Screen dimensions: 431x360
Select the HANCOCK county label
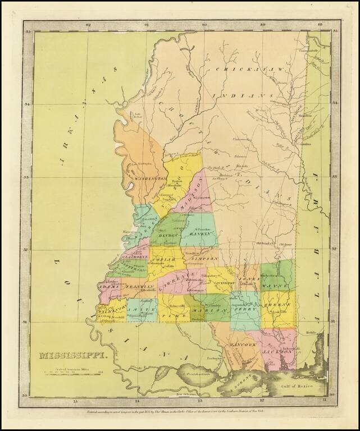pos(245,344)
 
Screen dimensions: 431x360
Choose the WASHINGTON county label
pos(150,178)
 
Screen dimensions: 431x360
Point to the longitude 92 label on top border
pos(88,25)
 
